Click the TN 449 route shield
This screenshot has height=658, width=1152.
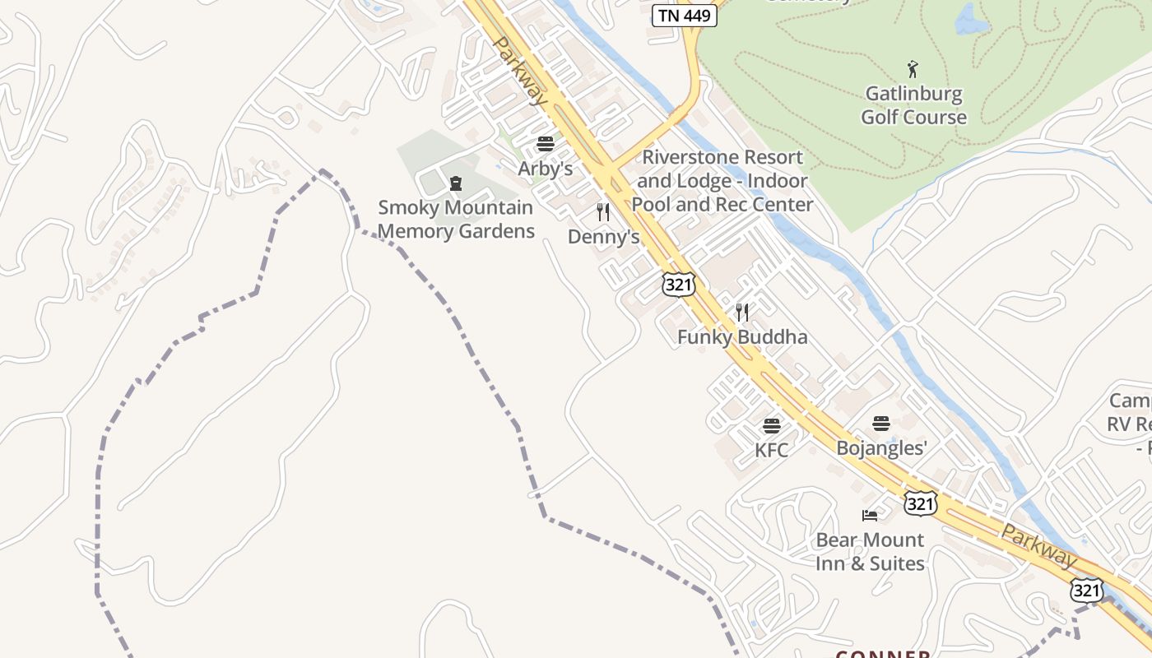coord(684,15)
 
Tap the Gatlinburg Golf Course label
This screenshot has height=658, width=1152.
coord(913,105)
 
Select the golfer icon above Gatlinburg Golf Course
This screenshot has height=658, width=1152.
coord(912,69)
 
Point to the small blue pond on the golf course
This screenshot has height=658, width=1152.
coord(971,20)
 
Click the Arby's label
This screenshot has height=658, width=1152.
coord(545,169)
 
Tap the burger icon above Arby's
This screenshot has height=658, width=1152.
coord(545,144)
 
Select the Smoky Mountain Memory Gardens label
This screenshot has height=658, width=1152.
coord(456,220)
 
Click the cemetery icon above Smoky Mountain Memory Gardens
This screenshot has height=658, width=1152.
coord(455,183)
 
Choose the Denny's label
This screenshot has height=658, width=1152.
coord(603,237)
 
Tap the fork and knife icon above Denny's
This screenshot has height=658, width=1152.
coord(603,212)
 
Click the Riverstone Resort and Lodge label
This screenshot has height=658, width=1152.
coord(722,181)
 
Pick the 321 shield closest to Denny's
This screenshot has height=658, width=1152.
coord(679,285)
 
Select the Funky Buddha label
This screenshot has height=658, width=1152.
coord(742,336)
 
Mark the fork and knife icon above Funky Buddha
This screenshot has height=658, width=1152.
coord(742,312)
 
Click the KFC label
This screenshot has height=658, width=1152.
coord(771,450)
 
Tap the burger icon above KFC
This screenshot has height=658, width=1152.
coord(771,425)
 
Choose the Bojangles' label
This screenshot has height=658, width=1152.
coord(881,448)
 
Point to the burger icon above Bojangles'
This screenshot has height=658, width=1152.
coord(881,424)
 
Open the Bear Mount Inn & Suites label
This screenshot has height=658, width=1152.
coord(870,552)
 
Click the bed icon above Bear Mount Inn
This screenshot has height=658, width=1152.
coord(870,516)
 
